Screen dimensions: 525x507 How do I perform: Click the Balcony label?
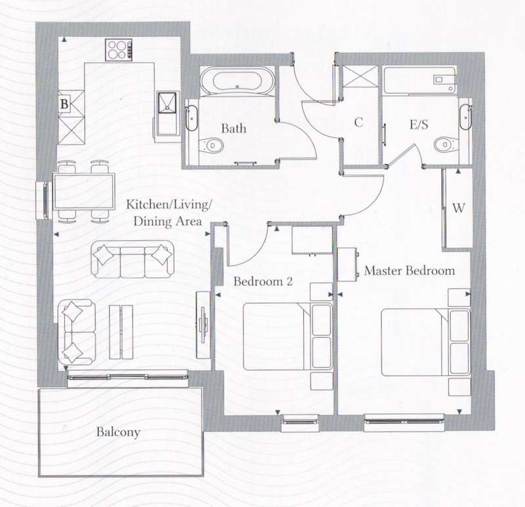(x=118, y=432)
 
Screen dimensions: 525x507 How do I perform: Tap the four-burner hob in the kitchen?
(x=119, y=50)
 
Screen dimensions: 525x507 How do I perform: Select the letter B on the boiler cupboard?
(x=64, y=104)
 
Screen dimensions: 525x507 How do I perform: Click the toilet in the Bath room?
(x=211, y=146)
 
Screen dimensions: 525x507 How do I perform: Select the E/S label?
(x=419, y=125)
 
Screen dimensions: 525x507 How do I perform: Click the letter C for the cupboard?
(x=358, y=122)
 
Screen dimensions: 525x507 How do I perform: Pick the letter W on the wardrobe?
(x=458, y=208)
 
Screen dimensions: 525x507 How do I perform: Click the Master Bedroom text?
(x=409, y=270)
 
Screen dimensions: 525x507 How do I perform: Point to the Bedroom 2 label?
(x=263, y=281)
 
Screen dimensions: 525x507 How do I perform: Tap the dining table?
(x=84, y=192)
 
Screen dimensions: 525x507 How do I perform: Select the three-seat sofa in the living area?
(x=133, y=259)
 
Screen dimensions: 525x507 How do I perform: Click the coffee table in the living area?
(x=121, y=333)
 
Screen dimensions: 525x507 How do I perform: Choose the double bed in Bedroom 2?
(x=288, y=336)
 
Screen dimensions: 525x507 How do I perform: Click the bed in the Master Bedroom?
(x=426, y=342)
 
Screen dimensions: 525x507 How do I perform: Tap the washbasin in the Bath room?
(x=192, y=118)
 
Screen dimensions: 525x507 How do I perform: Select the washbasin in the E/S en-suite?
(x=465, y=117)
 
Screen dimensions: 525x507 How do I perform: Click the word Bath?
(x=234, y=128)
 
